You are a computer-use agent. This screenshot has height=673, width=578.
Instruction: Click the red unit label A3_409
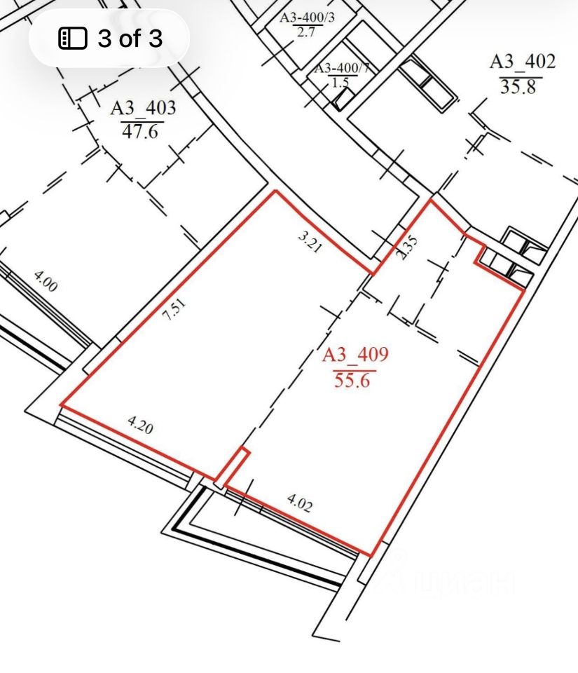pos(355,355)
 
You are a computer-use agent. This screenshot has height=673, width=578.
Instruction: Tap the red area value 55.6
pos(352,381)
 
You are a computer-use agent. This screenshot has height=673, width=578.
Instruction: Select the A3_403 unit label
pos(143,108)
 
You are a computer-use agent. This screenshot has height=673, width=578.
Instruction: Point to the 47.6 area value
pos(140,131)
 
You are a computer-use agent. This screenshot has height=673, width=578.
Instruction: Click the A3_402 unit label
pos(523,62)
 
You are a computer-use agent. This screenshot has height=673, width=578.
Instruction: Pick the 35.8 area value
pos(518,87)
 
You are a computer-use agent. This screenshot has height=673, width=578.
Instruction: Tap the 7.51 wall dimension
pos(175,310)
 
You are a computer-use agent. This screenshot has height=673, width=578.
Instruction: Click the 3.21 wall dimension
pos(310,243)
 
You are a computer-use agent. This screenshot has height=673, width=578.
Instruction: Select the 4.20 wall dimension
pos(140,425)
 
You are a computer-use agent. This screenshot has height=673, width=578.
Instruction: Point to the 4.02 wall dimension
pos(299,503)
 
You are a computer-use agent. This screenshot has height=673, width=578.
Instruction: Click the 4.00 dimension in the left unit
pos(45,282)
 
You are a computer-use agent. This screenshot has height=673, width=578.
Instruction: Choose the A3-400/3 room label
pos(307,18)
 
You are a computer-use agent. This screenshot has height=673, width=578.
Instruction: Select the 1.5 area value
pos(338,82)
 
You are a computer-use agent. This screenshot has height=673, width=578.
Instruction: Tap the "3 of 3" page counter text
pos(130,38)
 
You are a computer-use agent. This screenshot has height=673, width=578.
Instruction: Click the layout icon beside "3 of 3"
pos(72,38)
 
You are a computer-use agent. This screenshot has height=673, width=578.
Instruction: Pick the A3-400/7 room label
pos(342,69)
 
